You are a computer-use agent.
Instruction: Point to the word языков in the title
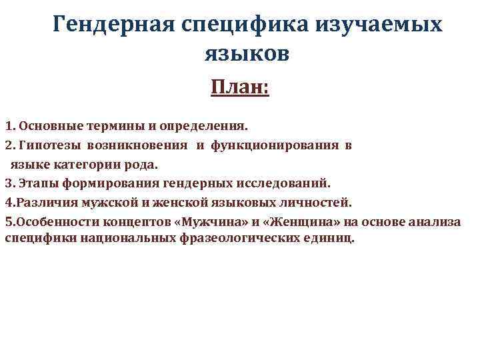(x=246, y=54)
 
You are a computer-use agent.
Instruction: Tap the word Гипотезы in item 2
(x=47, y=144)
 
